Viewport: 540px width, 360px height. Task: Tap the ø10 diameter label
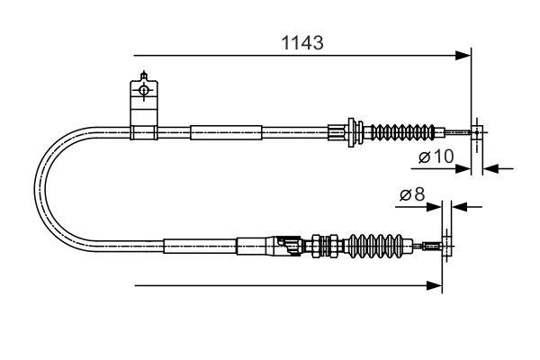coord(435,157)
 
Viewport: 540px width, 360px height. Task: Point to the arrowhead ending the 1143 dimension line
coord(464,56)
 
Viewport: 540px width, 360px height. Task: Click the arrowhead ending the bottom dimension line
coord(436,286)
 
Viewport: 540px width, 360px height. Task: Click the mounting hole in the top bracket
coord(143,89)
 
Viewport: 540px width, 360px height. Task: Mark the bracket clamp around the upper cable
coord(143,134)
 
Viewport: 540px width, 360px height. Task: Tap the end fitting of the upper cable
coord(473,133)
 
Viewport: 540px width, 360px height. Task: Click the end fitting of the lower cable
coord(436,244)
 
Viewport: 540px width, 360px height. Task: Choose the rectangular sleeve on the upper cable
coord(226,133)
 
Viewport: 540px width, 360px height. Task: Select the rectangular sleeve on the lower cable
coord(199,244)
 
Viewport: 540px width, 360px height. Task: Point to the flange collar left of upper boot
coord(352,132)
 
